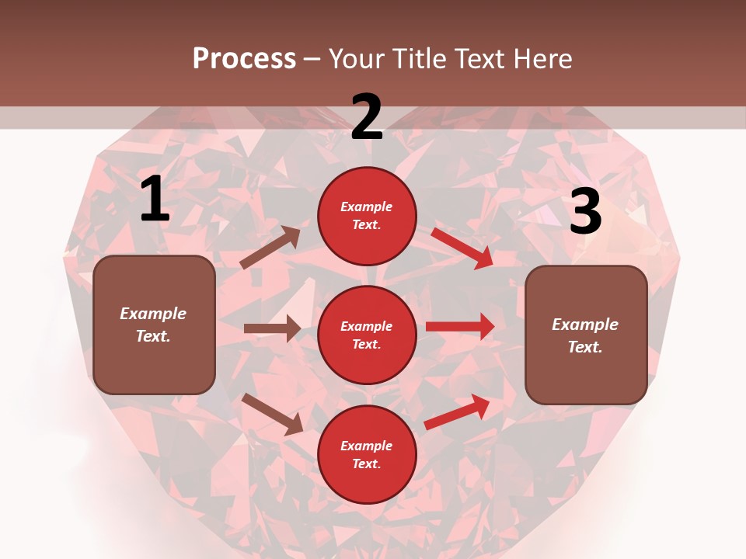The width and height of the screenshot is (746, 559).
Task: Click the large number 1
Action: [x=155, y=200]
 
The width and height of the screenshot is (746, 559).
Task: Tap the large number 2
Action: [x=367, y=117]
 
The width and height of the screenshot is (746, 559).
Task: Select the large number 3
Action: [x=585, y=212]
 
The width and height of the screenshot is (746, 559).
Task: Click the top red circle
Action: [x=367, y=216]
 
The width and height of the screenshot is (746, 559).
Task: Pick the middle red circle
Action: [x=367, y=335]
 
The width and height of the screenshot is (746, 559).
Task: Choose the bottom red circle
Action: [x=367, y=454]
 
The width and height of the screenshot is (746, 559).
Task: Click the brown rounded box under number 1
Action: [x=154, y=325]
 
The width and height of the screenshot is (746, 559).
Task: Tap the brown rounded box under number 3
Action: [x=586, y=335]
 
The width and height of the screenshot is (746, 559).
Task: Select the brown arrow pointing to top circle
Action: [x=270, y=248]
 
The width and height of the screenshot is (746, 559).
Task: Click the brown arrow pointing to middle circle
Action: [x=272, y=328]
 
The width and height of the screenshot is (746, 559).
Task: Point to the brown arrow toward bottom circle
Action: [x=273, y=414]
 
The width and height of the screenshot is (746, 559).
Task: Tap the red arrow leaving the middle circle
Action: [x=460, y=326]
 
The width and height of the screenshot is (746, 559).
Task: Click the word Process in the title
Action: [x=244, y=58]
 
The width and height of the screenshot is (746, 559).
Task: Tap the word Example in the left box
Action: [x=153, y=314]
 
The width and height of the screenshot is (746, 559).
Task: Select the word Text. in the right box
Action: [x=585, y=347]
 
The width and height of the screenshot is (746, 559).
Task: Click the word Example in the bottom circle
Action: [x=366, y=446]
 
